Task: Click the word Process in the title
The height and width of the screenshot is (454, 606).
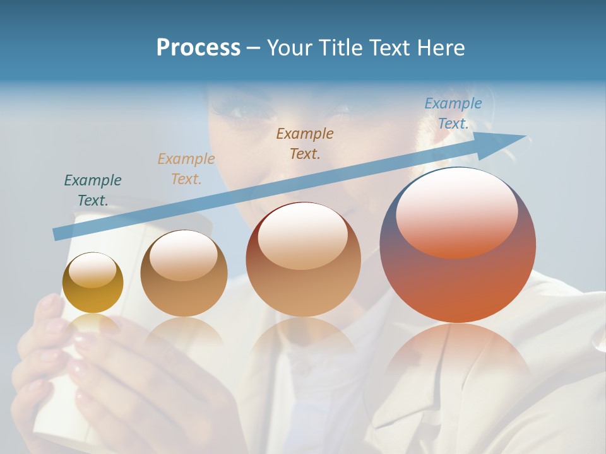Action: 198,48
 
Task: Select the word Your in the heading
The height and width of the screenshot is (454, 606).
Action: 290,48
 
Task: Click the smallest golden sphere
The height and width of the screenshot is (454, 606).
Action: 93,283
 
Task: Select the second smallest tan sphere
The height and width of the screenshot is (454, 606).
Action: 184,274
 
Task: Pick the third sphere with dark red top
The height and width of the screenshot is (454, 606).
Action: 303,260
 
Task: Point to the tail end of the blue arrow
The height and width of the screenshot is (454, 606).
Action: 56,234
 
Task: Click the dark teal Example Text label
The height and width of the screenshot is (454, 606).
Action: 92,190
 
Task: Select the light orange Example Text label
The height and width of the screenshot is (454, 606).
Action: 186,169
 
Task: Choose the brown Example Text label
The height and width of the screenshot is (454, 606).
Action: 305,143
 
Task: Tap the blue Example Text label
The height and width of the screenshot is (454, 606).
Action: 453,113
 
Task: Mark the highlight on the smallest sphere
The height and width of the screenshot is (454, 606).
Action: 92,271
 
